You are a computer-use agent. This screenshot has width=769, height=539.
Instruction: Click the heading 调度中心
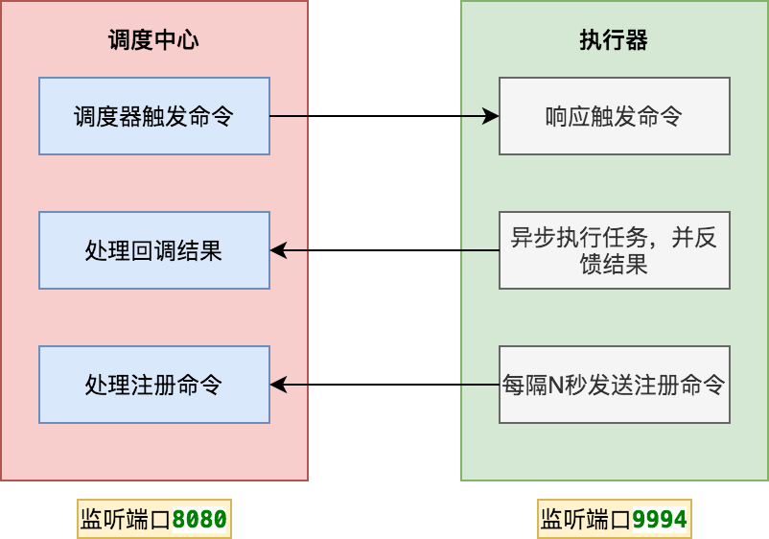click(153, 40)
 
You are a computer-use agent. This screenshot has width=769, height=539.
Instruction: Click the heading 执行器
click(614, 40)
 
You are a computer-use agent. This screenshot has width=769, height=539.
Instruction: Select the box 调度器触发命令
click(154, 116)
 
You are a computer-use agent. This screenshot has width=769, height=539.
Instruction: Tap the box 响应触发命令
click(615, 116)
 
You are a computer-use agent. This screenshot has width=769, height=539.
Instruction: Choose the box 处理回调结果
click(154, 250)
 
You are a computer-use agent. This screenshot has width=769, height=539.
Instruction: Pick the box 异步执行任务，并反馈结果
click(615, 250)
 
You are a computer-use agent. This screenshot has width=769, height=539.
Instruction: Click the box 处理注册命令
click(154, 385)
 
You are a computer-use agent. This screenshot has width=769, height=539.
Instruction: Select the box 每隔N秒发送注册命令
click(615, 385)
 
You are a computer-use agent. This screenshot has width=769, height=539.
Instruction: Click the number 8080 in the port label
click(199, 520)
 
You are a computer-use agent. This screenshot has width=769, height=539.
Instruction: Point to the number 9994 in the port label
click(660, 520)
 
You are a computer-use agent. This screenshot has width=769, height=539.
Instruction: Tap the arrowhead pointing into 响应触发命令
click(492, 116)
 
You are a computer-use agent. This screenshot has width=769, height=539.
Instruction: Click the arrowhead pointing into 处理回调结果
click(278, 250)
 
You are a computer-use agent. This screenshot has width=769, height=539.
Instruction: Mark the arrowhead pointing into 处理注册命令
click(278, 385)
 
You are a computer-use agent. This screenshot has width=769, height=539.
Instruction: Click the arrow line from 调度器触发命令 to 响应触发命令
click(384, 116)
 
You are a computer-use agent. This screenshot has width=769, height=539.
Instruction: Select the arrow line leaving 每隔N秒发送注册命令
click(384, 385)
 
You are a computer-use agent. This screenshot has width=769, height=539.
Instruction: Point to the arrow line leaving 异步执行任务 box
click(384, 250)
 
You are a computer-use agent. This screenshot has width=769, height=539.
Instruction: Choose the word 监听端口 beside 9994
click(586, 520)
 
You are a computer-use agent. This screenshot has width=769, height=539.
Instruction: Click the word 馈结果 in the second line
click(615, 264)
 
